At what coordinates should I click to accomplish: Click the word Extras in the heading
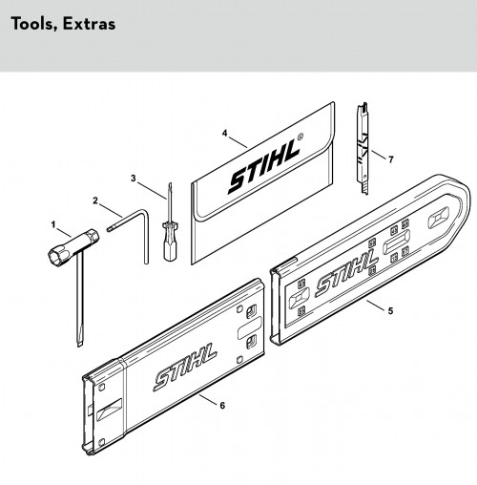pyautogui.click(x=89, y=24)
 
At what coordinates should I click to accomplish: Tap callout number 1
pyautogui.click(x=53, y=225)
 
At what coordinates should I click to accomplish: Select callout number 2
pyautogui.click(x=95, y=200)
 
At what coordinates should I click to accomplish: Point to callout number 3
pyautogui.click(x=134, y=179)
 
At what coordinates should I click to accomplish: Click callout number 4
pyautogui.click(x=225, y=133)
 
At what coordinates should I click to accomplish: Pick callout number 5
pyautogui.click(x=391, y=310)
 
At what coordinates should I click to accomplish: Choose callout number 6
pyautogui.click(x=222, y=405)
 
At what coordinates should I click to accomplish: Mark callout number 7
pyautogui.click(x=391, y=159)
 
